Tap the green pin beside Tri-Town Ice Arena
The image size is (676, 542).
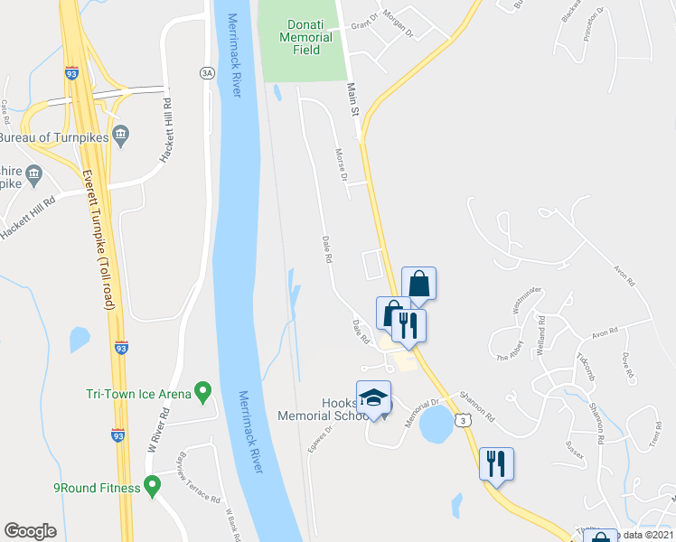(x=203, y=393)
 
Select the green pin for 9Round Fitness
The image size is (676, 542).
(x=152, y=488)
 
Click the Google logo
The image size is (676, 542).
(x=30, y=531)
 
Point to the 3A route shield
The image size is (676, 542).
(x=206, y=70)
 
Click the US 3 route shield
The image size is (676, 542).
(x=463, y=420)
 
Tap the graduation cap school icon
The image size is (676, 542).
(x=373, y=398)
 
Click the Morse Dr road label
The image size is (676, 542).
(x=342, y=164)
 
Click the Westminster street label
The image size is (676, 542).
(x=526, y=299)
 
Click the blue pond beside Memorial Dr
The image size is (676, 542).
(x=436, y=423)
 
